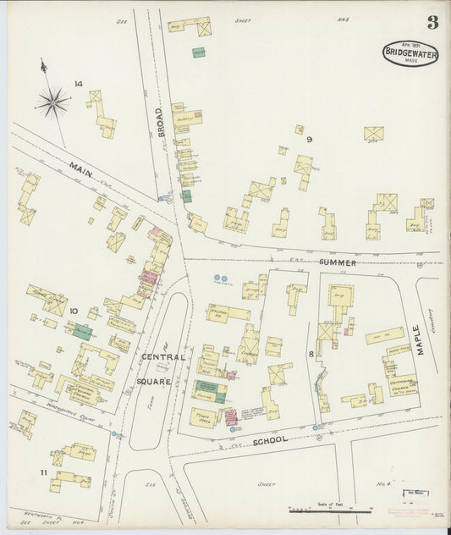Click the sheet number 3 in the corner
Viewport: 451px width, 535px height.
(x=432, y=23)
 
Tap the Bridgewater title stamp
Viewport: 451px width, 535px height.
(x=410, y=53)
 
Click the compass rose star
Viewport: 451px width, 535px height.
(x=52, y=103)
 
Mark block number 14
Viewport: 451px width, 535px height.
(x=78, y=83)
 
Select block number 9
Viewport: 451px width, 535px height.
(x=310, y=139)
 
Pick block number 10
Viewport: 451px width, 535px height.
(x=74, y=312)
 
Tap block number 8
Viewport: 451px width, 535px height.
(x=311, y=353)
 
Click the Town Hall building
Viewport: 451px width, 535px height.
(x=204, y=416)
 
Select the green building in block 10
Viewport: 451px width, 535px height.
(x=82, y=332)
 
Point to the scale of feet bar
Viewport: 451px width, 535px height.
(x=331, y=510)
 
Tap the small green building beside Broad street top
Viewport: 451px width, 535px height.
(x=199, y=52)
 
